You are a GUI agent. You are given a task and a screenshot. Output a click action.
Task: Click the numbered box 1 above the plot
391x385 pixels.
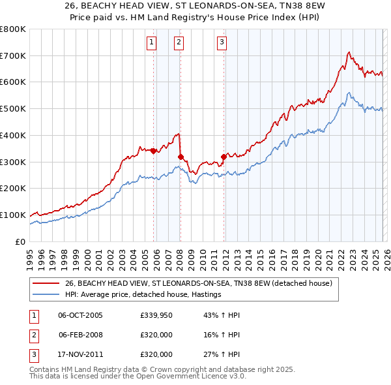(x=151, y=43)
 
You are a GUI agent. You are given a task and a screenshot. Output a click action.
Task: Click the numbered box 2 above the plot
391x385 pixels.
(x=178, y=43)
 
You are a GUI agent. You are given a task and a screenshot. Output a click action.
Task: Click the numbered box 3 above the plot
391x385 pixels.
(x=222, y=43)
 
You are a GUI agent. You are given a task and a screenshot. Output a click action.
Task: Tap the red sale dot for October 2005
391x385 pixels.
(x=154, y=151)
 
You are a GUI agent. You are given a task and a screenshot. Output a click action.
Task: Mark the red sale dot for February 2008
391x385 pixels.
(x=181, y=157)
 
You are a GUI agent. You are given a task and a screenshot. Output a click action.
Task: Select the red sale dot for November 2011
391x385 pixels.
(x=224, y=157)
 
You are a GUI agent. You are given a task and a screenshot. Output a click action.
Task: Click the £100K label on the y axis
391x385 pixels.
(x=13, y=215)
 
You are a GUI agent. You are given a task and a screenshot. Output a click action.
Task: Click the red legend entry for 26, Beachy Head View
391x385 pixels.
(x=199, y=283)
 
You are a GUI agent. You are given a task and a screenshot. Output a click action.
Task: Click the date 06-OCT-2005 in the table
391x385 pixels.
(x=80, y=315)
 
